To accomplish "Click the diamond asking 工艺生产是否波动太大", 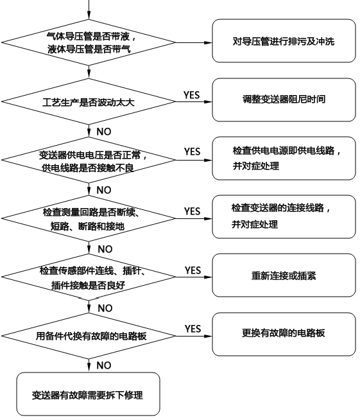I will click(x=89, y=101).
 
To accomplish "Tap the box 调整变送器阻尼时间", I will click(x=284, y=100).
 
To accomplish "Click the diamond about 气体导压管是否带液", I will click(x=89, y=43).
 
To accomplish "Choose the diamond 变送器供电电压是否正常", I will click(x=89, y=159).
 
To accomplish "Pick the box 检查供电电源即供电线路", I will click(x=284, y=159).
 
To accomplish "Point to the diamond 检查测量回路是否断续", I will click(x=89, y=217).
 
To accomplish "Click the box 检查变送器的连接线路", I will click(x=284, y=216).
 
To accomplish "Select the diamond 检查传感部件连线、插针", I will click(x=89, y=276).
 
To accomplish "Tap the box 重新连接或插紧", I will click(x=284, y=275).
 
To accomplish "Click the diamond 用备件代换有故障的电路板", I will click(x=89, y=335).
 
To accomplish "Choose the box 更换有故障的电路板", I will click(x=284, y=333).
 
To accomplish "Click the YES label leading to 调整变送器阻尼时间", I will click(x=192, y=94).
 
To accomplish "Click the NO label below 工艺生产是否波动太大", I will click(x=103, y=131).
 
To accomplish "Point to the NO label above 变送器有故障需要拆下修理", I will click(x=103, y=365).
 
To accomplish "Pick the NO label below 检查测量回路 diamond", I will click(x=103, y=248).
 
